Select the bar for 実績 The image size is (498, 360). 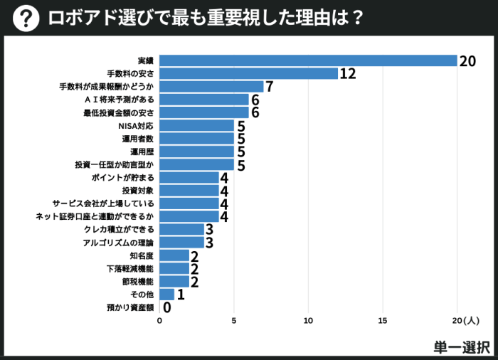(308, 60)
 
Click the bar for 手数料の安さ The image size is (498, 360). (248, 73)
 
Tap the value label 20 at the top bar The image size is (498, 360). (467, 61)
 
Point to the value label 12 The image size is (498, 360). (347, 74)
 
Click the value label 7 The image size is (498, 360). (269, 87)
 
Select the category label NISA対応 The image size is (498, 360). (135, 125)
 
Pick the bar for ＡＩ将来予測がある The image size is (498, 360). (204, 100)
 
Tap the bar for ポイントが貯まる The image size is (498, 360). (189, 177)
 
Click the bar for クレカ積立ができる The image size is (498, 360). (181, 229)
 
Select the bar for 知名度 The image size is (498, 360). (174, 255)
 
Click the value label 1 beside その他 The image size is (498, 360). (181, 295)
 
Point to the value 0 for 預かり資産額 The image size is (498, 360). (167, 307)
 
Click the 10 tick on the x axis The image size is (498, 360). (308, 322)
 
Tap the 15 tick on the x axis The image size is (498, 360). (383, 322)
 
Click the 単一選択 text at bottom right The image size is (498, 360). (461, 346)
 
